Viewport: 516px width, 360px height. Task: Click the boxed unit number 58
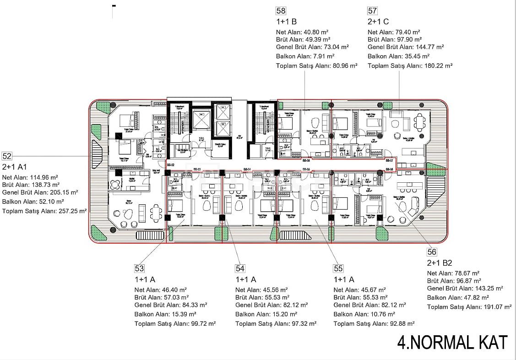281,10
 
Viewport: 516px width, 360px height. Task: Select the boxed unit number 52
7,156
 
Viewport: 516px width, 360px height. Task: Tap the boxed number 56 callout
431,251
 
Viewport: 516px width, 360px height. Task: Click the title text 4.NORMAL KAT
452,342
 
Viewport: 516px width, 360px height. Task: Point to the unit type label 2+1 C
378,21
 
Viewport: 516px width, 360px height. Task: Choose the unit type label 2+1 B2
440,263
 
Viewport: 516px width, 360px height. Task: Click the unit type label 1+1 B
287,21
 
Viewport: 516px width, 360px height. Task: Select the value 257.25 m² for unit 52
71,211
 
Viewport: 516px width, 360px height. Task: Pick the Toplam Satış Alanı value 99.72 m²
200,323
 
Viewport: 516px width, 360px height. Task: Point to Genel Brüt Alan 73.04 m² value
332,47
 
